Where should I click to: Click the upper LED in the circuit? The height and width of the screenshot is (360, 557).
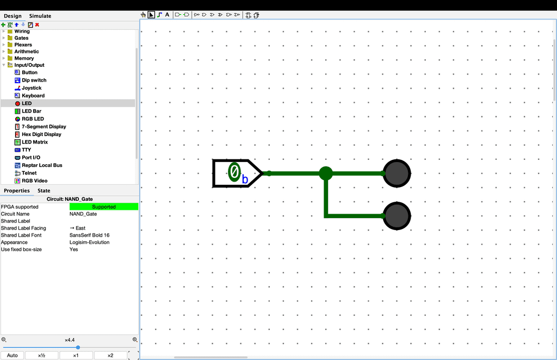(397, 173)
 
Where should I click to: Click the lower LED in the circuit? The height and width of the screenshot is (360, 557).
(397, 216)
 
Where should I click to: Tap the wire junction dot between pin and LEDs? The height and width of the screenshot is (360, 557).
(326, 173)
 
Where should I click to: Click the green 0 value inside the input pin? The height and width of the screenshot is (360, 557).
(234, 172)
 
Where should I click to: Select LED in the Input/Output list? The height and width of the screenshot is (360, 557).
(27, 103)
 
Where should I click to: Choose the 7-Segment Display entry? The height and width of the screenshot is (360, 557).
(44, 126)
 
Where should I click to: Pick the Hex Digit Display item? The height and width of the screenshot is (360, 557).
(41, 134)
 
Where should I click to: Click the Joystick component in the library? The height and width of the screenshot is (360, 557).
(32, 88)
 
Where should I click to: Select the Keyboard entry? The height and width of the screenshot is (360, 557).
(33, 96)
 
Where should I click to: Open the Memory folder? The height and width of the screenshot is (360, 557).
(24, 58)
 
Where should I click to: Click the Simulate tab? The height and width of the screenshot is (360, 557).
(40, 16)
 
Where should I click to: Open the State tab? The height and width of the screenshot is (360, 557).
(44, 191)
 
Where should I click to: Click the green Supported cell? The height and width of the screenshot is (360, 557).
(104, 207)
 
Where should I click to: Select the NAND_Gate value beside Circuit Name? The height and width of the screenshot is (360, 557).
(83, 214)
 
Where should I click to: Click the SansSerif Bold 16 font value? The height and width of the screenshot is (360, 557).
(90, 235)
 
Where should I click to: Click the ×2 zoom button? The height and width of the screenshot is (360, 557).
(110, 356)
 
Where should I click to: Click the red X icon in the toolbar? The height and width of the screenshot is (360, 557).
(37, 25)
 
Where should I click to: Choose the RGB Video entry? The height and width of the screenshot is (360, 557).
(34, 181)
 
